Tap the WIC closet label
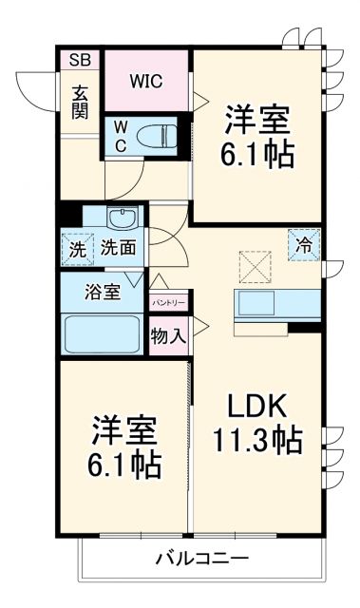[x=147, y=81]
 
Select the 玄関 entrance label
[x=80, y=102]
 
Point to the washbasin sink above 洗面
[x=122, y=219]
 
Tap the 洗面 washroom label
[x=118, y=249]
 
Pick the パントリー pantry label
[x=169, y=302]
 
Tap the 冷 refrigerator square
[x=304, y=243]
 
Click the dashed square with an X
[x=254, y=265]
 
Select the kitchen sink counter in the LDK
[x=275, y=306]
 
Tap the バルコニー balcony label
[x=201, y=558]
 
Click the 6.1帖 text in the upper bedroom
[x=258, y=153]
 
